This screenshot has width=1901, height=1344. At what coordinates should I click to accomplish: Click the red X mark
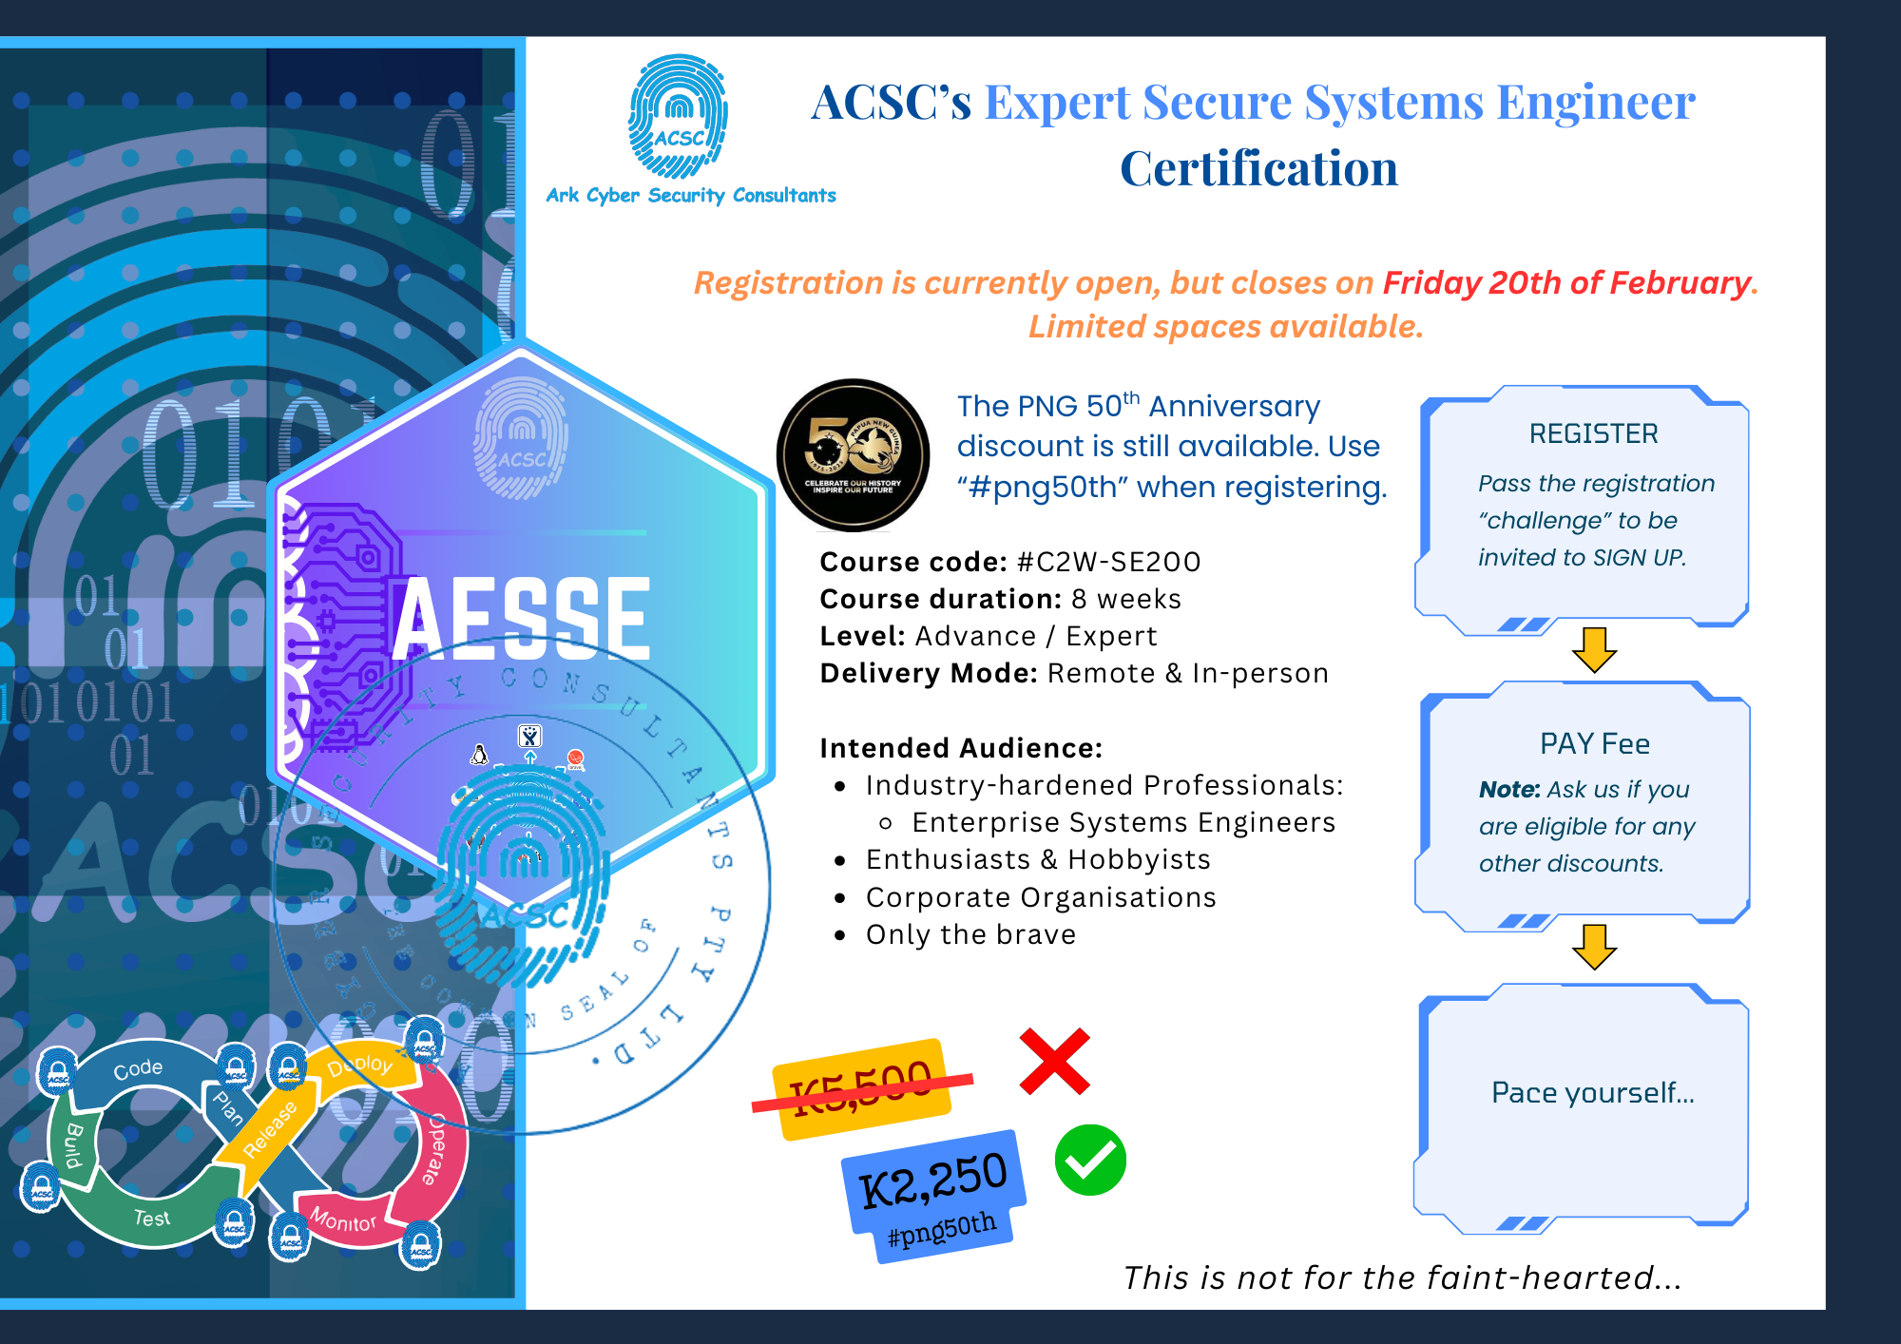(x=1054, y=1061)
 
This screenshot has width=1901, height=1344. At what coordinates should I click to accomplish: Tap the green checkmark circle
(x=1090, y=1160)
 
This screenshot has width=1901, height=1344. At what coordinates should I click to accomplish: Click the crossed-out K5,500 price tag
(x=862, y=1088)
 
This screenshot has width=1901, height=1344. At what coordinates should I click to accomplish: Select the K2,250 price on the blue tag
(x=932, y=1179)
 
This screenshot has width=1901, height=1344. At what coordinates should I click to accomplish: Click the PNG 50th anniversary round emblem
(x=853, y=454)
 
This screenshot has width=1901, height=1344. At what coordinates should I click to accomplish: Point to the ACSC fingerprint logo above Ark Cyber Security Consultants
(x=678, y=117)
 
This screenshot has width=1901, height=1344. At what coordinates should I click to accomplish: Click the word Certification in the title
(x=1258, y=169)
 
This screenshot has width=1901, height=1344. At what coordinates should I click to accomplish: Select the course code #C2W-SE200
(x=1108, y=562)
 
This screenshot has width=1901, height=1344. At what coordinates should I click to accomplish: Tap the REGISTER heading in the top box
(x=1593, y=433)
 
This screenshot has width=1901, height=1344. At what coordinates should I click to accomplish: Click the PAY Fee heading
(x=1594, y=743)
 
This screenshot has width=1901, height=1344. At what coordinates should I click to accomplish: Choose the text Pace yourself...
(x=1592, y=1092)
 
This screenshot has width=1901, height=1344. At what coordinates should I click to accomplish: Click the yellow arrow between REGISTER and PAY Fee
(x=1594, y=649)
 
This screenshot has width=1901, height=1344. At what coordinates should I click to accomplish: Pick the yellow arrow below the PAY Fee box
(x=1594, y=946)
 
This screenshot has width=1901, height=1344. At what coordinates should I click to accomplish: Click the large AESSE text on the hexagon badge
(x=522, y=618)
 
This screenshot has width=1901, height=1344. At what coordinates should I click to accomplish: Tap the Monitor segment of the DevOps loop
(x=343, y=1219)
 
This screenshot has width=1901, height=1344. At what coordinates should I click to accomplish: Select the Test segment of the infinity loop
(x=151, y=1218)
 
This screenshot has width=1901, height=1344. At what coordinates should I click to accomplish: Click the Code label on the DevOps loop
(x=138, y=1068)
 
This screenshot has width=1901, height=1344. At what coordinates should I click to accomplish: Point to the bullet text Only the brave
(x=970, y=934)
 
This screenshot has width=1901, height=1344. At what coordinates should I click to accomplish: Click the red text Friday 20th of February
(x=1566, y=282)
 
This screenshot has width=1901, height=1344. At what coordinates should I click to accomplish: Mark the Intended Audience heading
(x=961, y=748)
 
